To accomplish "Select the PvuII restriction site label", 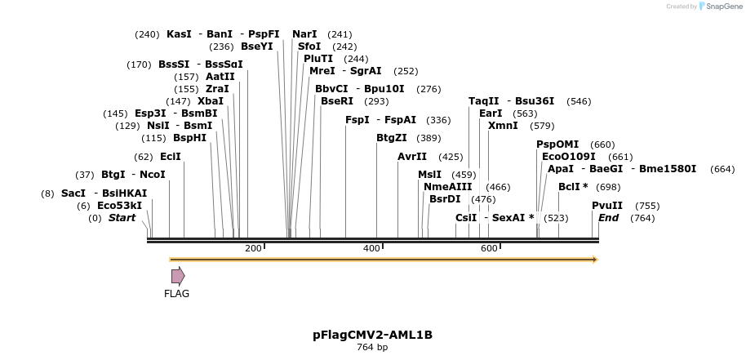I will tap(607, 206).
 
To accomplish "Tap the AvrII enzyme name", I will tap(412, 157).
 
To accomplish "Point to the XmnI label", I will tap(503, 126).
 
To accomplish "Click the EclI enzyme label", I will tap(171, 157).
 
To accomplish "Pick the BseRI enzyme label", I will tap(337, 101).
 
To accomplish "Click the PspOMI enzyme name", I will tap(557, 144).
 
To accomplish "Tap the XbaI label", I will tap(211, 101).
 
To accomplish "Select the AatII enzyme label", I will tap(220, 77).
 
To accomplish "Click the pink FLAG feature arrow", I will tap(178, 276).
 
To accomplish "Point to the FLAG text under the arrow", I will tap(176, 294).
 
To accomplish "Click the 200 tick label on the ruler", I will tap(253, 248).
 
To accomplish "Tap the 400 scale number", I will tap(371, 248).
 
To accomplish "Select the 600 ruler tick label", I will tap(489, 248).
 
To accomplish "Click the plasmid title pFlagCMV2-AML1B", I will tap(372, 335).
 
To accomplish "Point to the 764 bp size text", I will tap(372, 348).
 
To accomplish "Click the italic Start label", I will tap(122, 218).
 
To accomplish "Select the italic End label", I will tap(609, 218).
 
